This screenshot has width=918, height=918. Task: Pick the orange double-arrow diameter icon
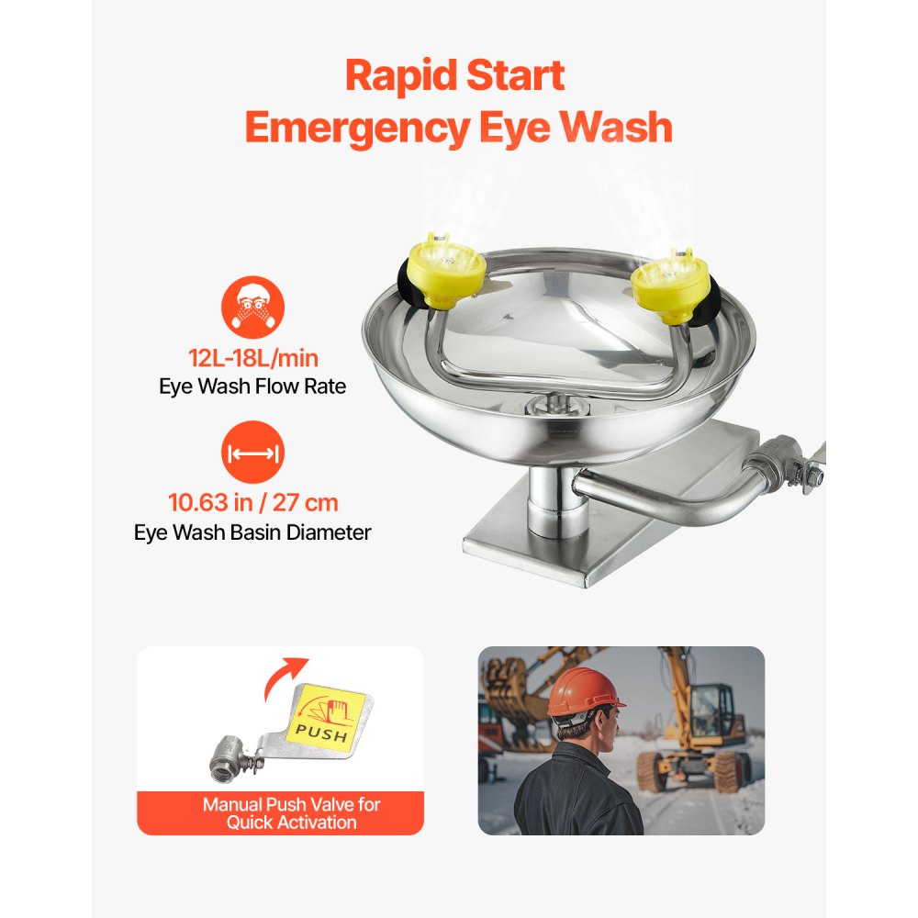[x=252, y=453]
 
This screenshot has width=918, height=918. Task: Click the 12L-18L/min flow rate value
[x=252, y=357]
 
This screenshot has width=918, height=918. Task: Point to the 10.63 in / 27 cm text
[x=252, y=502]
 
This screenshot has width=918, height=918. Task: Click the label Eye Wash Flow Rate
[x=252, y=386]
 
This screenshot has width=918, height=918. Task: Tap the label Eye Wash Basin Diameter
[x=252, y=532]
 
